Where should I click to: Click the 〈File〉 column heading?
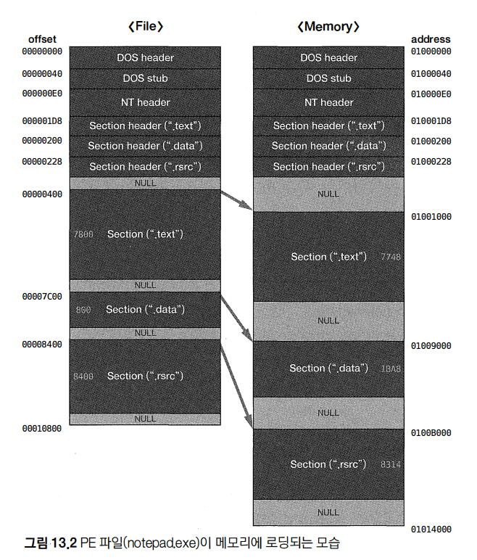pyautogui.click(x=145, y=27)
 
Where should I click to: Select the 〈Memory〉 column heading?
pyautogui.click(x=328, y=27)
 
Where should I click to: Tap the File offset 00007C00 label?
pyautogui.click(x=42, y=296)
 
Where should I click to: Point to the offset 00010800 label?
pyautogui.click(x=42, y=429)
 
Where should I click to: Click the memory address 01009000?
pyautogui.click(x=431, y=346)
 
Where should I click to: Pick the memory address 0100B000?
pyautogui.click(x=431, y=433)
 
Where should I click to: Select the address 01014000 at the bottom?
pyautogui.click(x=431, y=530)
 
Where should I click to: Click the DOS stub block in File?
pyautogui.click(x=145, y=78)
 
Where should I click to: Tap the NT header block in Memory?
pyautogui.click(x=328, y=102)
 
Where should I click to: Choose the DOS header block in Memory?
pyautogui.click(x=328, y=57)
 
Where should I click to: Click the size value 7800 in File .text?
pyautogui.click(x=83, y=235)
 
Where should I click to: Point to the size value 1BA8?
pyautogui.click(x=390, y=368)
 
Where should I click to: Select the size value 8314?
pyautogui.click(x=390, y=464)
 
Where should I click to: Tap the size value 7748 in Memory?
pyautogui.click(x=390, y=258)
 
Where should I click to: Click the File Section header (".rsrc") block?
pyautogui.click(x=145, y=167)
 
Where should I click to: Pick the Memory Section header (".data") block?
pyautogui.click(x=328, y=146)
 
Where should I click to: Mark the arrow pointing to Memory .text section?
pyautogui.click(x=237, y=200)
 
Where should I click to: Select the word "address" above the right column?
pyautogui.click(x=431, y=39)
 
